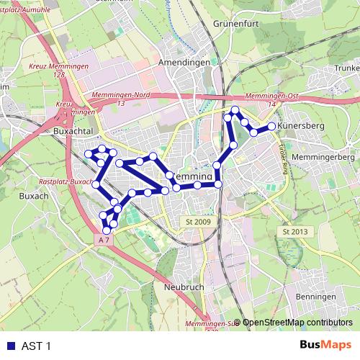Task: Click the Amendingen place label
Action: pos(188,63)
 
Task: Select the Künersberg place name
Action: pos(302,126)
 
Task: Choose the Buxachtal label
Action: pos(75,132)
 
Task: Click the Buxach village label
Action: pos(34,195)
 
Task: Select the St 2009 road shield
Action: pos(197,222)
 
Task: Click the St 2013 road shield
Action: pos(295,232)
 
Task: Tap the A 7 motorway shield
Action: pos(105,239)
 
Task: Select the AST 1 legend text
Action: pos(37,346)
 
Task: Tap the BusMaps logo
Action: pos(325,346)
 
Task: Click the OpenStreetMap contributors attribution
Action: pos(297,323)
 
